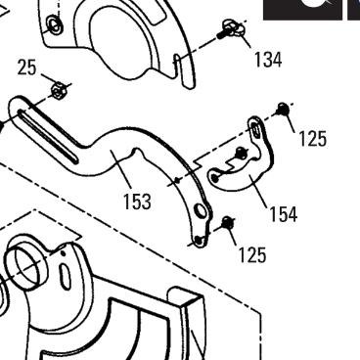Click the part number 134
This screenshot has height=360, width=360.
coord(268,60)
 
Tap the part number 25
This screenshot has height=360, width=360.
coord(26,67)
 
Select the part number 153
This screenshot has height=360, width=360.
coord(137,202)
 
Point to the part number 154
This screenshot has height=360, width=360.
coord(284,214)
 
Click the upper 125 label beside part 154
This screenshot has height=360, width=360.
coord(312,138)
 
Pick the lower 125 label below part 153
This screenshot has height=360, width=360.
coord(252,254)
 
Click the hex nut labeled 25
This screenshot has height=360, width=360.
coord(58,91)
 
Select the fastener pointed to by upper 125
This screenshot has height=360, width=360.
coord(282,109)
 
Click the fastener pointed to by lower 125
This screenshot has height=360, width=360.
coord(227,222)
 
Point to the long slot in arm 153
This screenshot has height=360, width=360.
coord(48,136)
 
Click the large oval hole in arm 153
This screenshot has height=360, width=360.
coord(201,211)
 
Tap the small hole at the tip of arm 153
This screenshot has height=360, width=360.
coord(199,241)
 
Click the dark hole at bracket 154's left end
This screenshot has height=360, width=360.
coord(214,178)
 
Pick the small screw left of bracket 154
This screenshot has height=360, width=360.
coord(241,152)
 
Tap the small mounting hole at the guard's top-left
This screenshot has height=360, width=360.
coord(54,24)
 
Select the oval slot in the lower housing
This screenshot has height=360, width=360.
coord(66,277)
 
